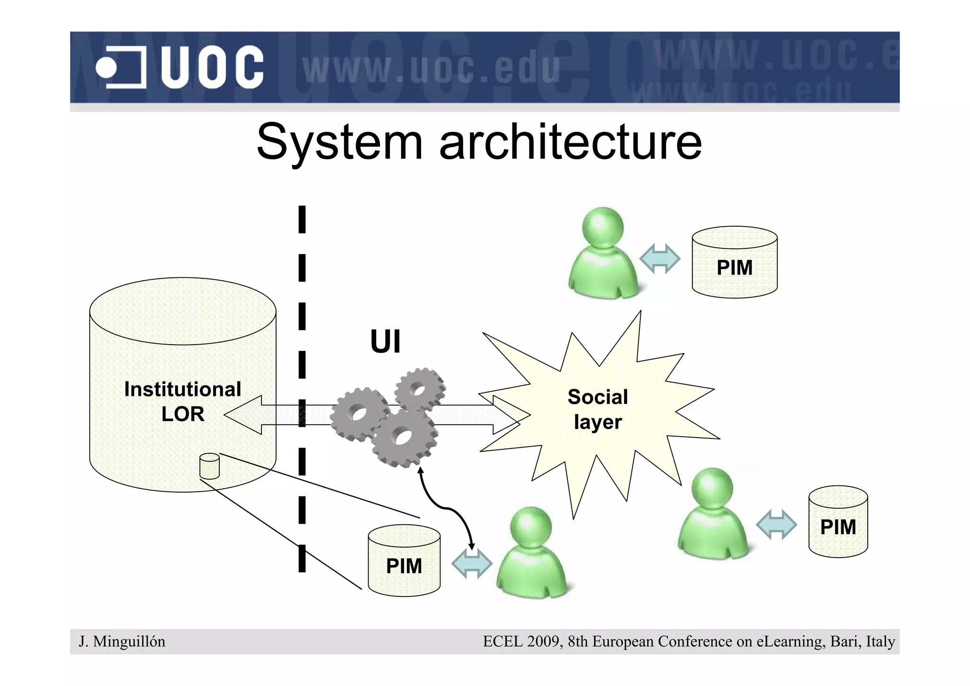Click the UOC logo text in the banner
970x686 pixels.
tap(212, 67)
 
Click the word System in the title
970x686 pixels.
tap(339, 142)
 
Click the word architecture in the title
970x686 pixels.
tap(570, 142)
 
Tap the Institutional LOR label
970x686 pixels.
tap(183, 401)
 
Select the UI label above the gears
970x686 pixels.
tap(385, 341)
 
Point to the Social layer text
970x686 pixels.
tap(598, 409)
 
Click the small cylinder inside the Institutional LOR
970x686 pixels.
tap(209, 466)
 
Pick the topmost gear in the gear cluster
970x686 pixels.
tap(419, 390)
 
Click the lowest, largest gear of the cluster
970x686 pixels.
tap(404, 437)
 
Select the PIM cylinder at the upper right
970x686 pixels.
tap(734, 263)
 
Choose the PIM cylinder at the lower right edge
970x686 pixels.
tap(838, 521)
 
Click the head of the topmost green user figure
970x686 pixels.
tap(602, 227)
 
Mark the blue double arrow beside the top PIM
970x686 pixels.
tap(660, 259)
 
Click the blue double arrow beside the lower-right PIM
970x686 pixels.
tap(776, 524)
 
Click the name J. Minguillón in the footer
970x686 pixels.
tap(122, 641)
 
